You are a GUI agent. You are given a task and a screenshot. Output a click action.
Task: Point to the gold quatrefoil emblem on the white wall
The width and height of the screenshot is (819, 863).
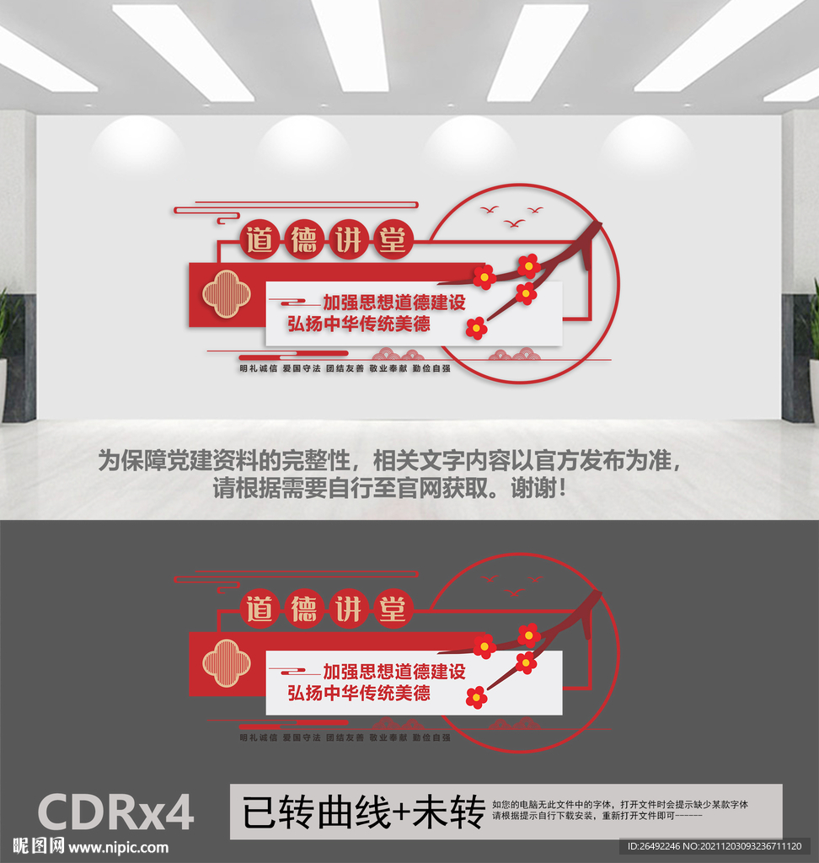point(227,294)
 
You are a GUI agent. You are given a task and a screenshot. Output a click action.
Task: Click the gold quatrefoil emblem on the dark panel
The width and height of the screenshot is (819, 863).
point(227,662)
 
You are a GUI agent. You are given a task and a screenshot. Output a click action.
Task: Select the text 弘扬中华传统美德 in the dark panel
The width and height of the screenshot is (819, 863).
point(359,693)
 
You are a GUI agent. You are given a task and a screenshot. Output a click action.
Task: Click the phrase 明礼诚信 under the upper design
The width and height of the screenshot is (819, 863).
point(257,369)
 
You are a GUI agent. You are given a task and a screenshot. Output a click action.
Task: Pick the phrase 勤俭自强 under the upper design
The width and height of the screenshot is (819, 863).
point(431,369)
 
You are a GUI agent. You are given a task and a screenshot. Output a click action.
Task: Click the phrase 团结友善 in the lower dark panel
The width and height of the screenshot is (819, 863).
point(345,737)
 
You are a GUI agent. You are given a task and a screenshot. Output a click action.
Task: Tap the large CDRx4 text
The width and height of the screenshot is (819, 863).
point(116,812)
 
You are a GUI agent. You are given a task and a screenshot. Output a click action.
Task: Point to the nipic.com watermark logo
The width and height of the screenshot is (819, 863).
point(91,847)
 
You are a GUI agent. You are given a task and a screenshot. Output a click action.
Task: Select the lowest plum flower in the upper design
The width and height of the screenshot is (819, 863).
point(476,328)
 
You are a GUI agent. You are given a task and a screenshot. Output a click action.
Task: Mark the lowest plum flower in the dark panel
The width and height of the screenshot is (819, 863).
point(476,696)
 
